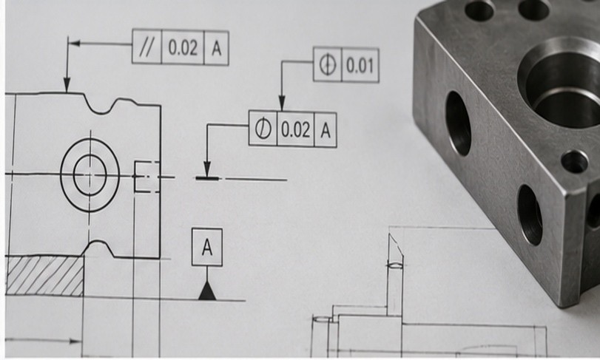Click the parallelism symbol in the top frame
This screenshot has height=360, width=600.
[x=146, y=48]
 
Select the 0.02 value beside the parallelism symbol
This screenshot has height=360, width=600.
[x=183, y=48]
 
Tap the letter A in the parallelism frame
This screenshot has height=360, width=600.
[x=217, y=48]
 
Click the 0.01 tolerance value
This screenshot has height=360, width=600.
[x=360, y=65]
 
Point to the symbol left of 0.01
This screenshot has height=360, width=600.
[x=328, y=64]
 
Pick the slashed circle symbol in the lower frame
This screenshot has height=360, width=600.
[x=263, y=129]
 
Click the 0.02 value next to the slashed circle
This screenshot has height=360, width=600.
[x=295, y=129]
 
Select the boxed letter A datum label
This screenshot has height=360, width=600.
[x=207, y=247]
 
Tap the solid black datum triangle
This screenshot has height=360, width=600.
[x=207, y=291]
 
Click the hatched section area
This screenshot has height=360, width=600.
[x=45, y=276]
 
